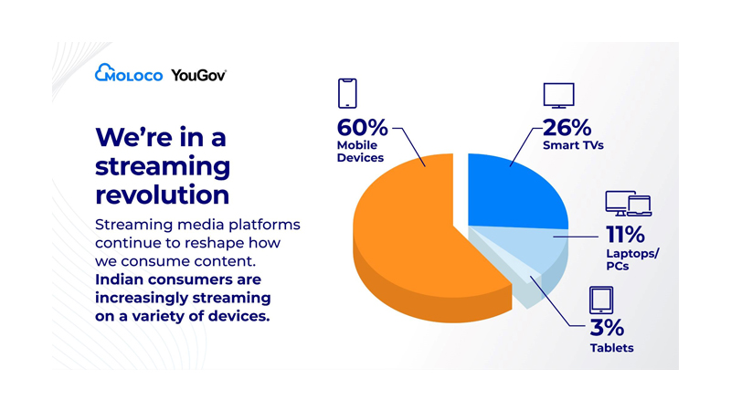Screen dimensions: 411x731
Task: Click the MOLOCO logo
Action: point(129,75)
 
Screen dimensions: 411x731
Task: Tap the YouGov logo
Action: point(198,75)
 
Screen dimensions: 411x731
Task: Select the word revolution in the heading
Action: point(162,195)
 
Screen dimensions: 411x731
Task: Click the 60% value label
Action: point(362,127)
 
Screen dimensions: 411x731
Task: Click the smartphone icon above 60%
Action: point(347,93)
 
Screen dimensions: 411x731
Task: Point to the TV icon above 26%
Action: point(558,95)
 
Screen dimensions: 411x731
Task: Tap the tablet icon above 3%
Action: point(600,300)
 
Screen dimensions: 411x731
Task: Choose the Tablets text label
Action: point(611,348)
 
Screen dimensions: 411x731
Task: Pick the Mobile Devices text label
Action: point(361,151)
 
